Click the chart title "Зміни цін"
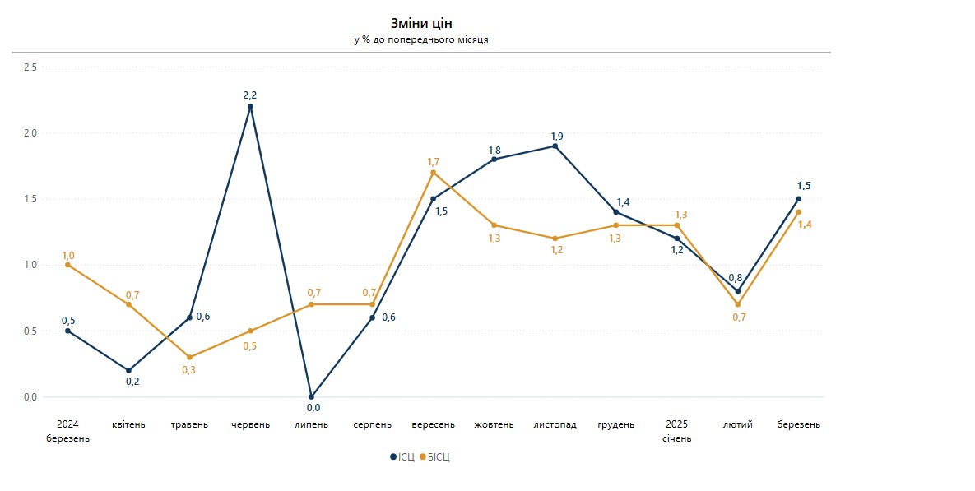(421, 23)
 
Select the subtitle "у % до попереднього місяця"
(421, 39)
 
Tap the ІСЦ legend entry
(402, 457)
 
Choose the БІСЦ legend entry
(435, 457)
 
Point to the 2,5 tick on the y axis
(30, 67)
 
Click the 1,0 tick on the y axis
(30, 265)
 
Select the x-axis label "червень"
(250, 425)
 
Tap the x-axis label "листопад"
(555, 425)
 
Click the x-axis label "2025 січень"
(676, 432)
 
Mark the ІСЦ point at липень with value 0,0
(311, 396)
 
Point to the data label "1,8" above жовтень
(494, 151)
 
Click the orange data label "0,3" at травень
(189, 370)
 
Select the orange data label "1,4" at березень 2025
(805, 225)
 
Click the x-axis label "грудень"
(615, 425)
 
